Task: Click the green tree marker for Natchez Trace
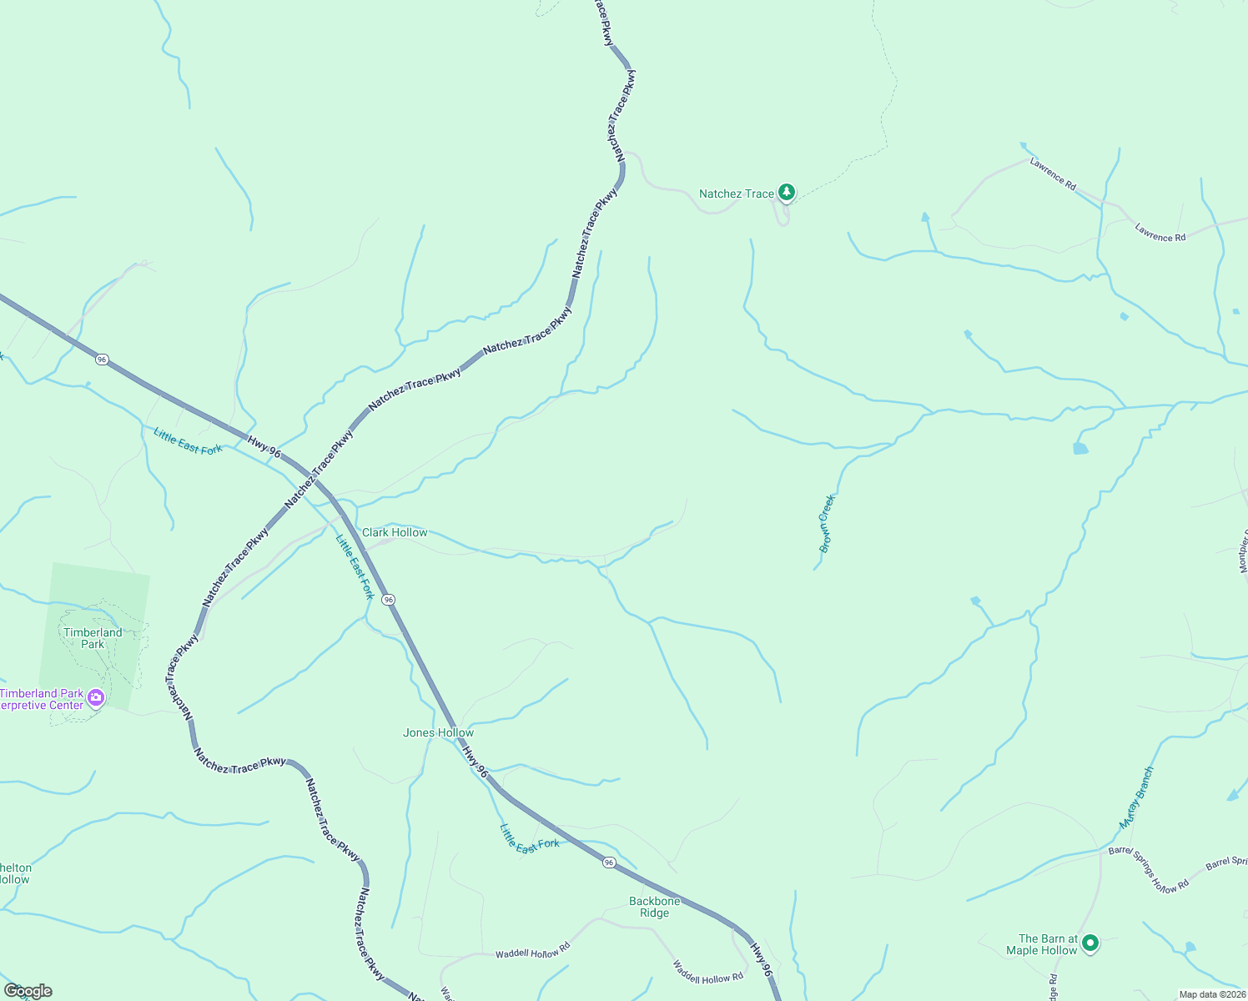coord(786,193)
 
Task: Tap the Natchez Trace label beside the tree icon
coord(736,194)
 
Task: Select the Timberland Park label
coord(93,638)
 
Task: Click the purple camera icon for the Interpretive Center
coord(96,697)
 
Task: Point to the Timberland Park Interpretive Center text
coord(42,699)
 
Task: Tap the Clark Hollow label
coord(395,532)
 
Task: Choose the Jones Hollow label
coord(438,732)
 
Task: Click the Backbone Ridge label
coord(655,907)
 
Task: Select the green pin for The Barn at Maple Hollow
coord(1089,943)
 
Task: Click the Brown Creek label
coord(827,524)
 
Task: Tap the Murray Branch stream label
coord(1137,797)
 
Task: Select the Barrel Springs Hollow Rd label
coord(1149,871)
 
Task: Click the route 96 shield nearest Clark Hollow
coord(388,599)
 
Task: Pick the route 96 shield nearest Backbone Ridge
coord(610,863)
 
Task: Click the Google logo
coord(28,991)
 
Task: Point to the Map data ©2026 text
coord(1211,994)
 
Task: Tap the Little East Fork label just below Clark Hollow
coord(355,567)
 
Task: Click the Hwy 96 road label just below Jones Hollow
coord(475,762)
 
